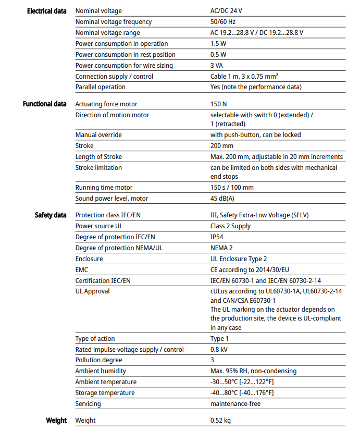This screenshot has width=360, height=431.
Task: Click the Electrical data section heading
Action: coord(46,11)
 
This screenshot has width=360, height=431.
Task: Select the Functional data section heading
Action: coord(44,104)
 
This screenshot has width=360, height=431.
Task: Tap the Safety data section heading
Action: coord(51,215)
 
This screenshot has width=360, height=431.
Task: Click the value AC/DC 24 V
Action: coord(226,11)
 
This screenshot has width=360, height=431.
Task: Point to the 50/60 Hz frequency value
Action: coord(223,22)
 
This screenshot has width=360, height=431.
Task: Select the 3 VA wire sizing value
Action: coord(217,66)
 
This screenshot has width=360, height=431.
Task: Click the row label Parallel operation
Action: coord(100,87)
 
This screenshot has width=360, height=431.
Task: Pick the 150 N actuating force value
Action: coord(219,104)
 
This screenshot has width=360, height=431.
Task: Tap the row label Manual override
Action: coord(98,135)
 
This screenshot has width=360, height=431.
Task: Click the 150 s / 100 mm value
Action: coord(232,188)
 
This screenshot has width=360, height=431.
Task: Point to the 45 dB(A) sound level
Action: coord(222,199)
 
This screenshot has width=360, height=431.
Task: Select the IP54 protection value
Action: coord(218,237)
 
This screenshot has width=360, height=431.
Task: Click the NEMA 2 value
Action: coord(221,248)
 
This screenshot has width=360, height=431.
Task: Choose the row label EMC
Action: coord(82,270)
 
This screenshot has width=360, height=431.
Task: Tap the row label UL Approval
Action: coord(92,291)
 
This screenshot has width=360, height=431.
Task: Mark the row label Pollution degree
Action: coord(98,360)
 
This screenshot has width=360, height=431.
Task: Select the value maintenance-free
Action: coord(235,404)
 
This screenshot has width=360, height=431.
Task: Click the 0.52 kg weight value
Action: coord(220,421)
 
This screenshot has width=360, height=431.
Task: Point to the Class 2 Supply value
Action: coord(230,226)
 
